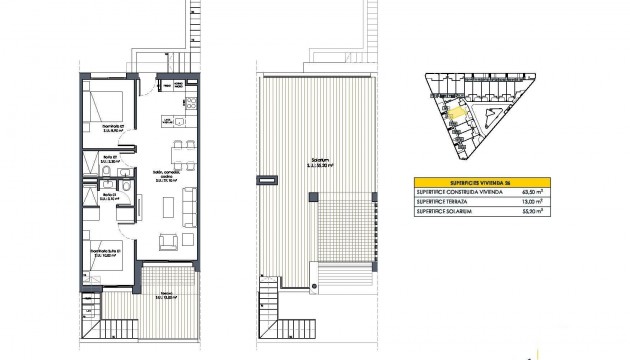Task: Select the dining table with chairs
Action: pos(181,155)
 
